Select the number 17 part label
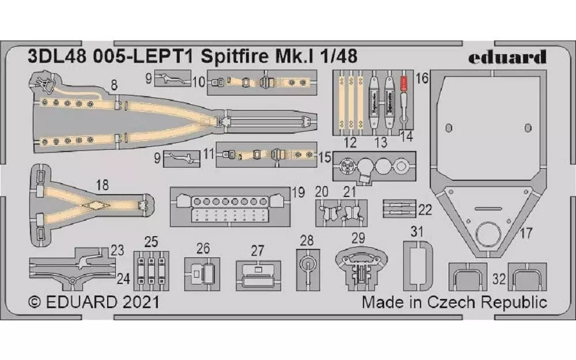click(x=525, y=233)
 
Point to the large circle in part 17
click(x=488, y=236)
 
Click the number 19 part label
click(x=297, y=193)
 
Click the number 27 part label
click(x=257, y=251)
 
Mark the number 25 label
click(x=151, y=241)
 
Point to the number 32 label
click(x=499, y=279)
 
